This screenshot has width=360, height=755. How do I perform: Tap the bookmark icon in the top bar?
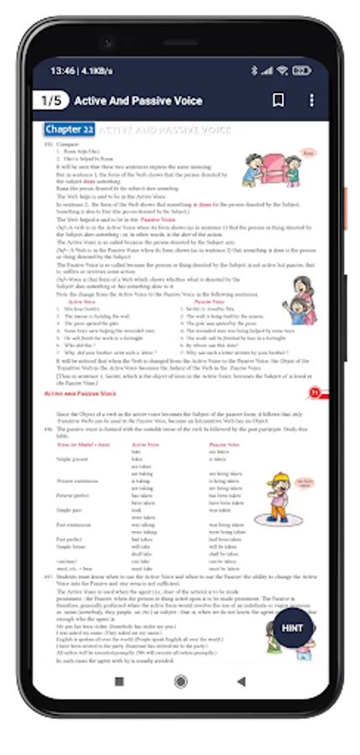point(279,101)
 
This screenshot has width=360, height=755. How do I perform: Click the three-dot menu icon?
point(311,101)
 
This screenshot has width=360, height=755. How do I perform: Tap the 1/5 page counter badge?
point(51,101)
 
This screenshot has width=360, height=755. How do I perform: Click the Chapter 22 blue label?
point(70,130)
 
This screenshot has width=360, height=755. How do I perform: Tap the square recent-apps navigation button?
point(118,658)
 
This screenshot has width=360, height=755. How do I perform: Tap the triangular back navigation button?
point(242,658)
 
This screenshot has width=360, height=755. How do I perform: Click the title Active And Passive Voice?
point(138,101)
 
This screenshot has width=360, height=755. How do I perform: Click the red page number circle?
point(314,392)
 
